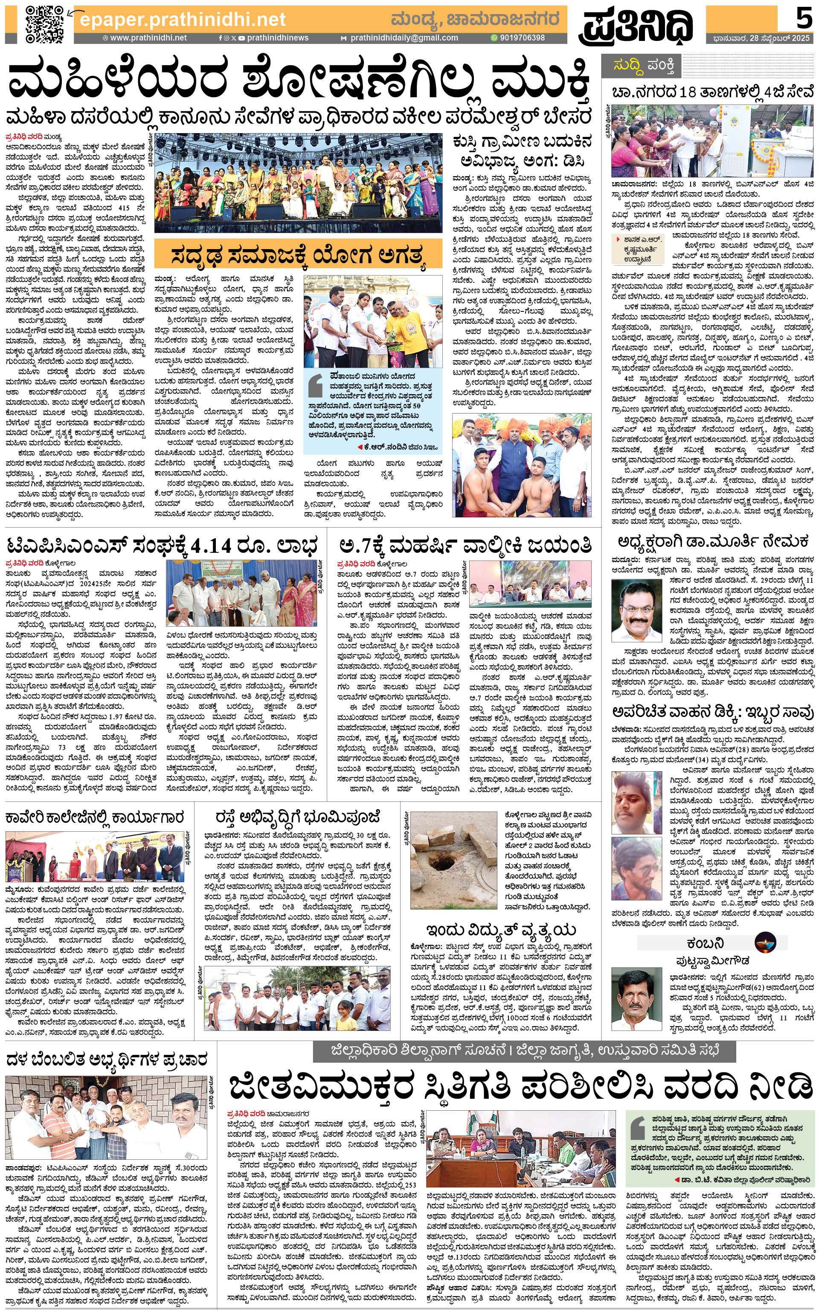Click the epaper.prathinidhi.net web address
pos(182,20)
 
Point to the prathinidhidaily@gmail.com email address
pos(403,38)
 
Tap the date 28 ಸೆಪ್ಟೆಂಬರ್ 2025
pos(761,38)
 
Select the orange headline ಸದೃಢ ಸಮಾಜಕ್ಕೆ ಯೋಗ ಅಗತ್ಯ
pos(297,255)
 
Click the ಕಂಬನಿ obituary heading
pos(705,943)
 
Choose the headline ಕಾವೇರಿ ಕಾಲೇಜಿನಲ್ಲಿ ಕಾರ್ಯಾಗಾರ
pos(95,817)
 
